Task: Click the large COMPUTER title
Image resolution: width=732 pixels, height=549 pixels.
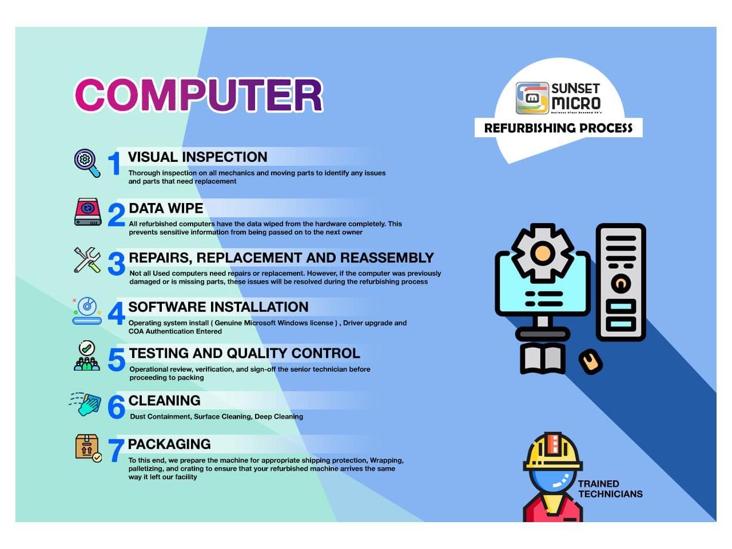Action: point(199,96)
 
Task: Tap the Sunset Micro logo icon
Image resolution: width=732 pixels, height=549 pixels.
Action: point(532,98)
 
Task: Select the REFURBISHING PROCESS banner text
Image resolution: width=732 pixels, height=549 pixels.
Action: point(558,128)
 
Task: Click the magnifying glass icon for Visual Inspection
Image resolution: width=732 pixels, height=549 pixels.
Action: point(87,163)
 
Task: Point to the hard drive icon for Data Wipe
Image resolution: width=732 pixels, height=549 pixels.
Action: point(88,212)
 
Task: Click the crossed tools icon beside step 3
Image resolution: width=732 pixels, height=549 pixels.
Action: point(87,260)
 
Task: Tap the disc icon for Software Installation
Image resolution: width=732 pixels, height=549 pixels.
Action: point(87,311)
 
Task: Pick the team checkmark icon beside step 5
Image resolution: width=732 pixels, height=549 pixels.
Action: point(87,356)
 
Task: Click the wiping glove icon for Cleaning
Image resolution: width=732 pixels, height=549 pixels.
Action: point(85,404)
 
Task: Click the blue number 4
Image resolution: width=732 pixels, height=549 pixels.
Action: point(117,313)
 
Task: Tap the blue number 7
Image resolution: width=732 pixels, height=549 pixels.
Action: point(116,450)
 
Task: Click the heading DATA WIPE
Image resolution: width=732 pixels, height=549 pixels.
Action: point(166,208)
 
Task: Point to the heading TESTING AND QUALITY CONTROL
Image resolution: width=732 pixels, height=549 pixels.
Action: point(244,353)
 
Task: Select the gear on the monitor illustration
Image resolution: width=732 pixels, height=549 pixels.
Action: point(543,253)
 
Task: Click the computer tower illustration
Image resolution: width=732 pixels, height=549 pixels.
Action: point(620,283)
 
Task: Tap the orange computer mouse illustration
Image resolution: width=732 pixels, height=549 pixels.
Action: point(591,361)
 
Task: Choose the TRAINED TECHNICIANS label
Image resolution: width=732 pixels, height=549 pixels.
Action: point(610,488)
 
